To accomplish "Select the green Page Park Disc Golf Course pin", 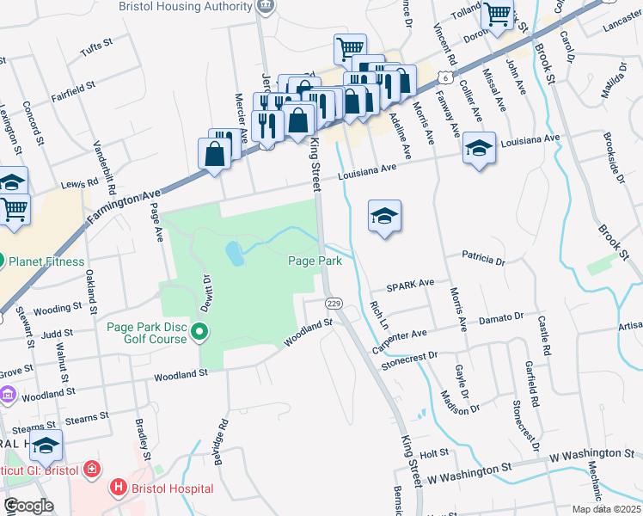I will [x=200, y=331].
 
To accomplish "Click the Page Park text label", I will [x=315, y=261].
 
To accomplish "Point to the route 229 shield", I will [x=334, y=304].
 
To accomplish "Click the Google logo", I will [x=28, y=506].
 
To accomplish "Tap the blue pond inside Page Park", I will [x=233, y=253].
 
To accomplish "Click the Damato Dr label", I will [x=500, y=318].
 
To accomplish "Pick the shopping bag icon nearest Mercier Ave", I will [x=214, y=155].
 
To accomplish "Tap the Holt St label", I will [x=435, y=452].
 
